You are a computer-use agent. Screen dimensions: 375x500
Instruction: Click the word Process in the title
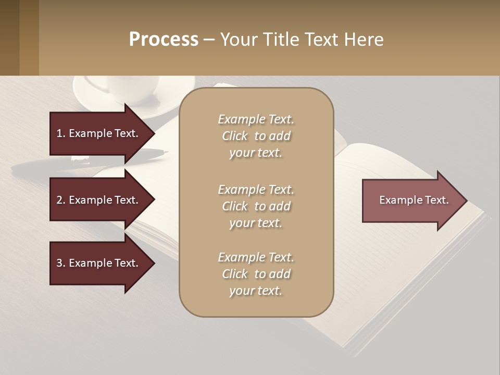[164, 40]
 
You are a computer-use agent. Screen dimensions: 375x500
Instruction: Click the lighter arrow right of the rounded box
[411, 201]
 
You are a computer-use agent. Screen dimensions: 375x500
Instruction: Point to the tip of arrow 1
[153, 133]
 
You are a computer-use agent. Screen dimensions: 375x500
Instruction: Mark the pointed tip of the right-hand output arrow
[466, 201]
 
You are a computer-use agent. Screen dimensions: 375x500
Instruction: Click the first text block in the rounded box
[256, 136]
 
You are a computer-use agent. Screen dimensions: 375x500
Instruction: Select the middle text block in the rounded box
[256, 206]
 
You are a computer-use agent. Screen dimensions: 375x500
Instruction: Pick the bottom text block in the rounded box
[256, 274]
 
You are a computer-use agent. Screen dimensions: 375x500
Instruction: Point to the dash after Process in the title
[209, 40]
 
